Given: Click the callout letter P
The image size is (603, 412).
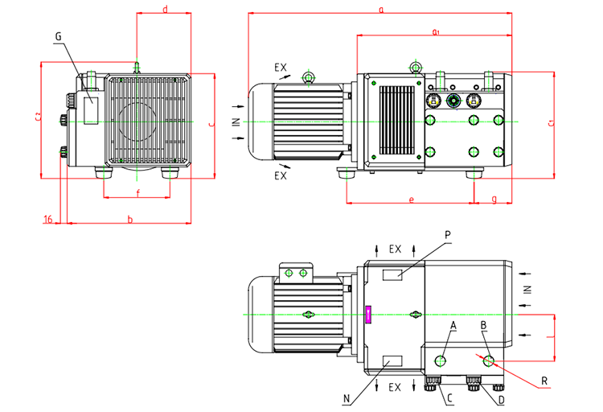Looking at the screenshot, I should [448, 234].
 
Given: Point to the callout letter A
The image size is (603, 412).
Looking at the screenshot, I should [453, 325].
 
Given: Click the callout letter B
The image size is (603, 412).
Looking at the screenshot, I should [484, 325].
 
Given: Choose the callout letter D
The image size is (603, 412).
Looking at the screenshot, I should [500, 398].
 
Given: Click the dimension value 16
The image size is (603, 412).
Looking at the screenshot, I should [48, 219].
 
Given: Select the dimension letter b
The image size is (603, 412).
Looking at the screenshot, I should [129, 219].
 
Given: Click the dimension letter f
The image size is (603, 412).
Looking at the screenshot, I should [137, 193].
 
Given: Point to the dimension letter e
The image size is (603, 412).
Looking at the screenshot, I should [411, 199].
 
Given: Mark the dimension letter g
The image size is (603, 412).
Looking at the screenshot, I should [493, 199].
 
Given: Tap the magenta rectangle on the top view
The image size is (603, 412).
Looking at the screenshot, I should [368, 314].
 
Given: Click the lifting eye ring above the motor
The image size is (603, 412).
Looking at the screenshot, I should [307, 77].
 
